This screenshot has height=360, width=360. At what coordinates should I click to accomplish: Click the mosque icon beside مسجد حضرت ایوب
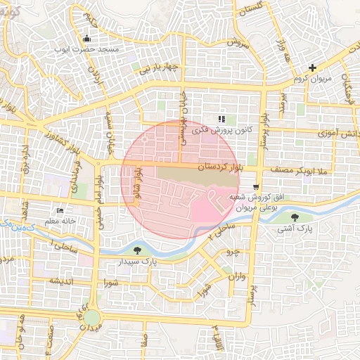point(86,38)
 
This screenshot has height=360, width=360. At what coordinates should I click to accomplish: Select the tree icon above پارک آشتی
point(304,217)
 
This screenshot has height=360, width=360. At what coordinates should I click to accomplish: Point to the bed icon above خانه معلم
point(60,211)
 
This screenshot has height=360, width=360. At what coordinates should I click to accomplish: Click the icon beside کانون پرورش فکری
point(221,119)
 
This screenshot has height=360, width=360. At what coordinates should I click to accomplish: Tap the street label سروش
point(238,42)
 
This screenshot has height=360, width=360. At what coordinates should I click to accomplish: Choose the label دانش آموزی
point(338,132)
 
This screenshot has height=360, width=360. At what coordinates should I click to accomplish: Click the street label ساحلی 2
point(223,229)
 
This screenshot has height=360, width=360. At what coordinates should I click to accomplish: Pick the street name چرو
point(231,251)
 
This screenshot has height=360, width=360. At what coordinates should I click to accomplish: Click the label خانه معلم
point(59,222)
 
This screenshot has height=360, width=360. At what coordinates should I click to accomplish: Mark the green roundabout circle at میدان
point(93,319)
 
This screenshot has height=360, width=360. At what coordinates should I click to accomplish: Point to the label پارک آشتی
point(304,229)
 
